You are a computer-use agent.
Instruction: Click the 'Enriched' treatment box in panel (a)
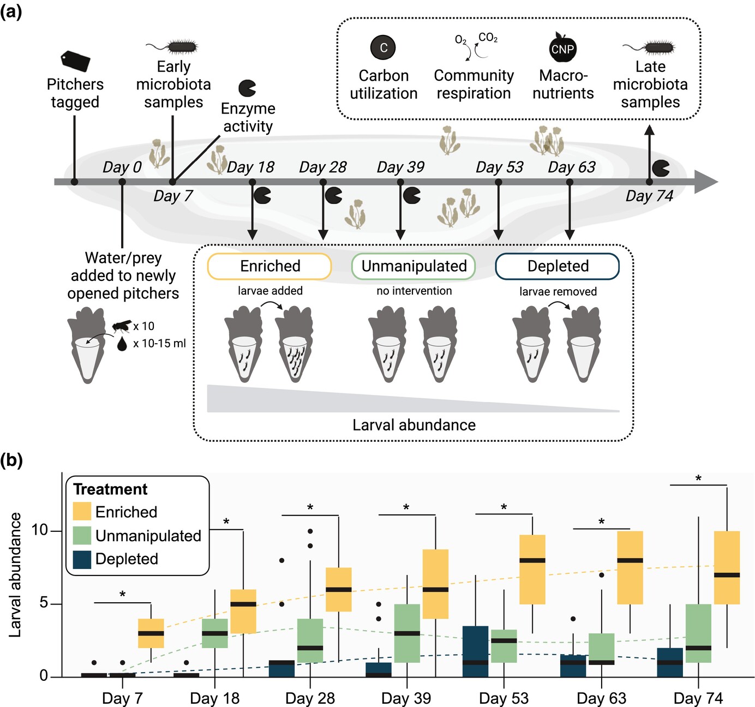[269, 266]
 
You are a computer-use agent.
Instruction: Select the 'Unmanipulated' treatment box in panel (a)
[414, 266]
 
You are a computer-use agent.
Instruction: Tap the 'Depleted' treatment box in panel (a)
[558, 266]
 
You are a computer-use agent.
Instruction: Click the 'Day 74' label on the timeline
[649, 196]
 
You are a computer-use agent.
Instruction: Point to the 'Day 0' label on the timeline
[122, 167]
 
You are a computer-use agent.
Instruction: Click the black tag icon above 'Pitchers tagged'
[75, 61]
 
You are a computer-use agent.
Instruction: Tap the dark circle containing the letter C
[383, 47]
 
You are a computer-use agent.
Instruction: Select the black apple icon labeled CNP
[562, 48]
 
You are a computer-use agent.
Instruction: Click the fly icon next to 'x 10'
[121, 326]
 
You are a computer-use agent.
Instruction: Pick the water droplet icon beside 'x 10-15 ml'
[122, 343]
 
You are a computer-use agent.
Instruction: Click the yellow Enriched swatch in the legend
[82, 512]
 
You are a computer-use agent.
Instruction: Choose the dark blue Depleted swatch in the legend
[82, 559]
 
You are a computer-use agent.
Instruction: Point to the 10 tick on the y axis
[39, 530]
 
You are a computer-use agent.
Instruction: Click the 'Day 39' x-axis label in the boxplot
[406, 698]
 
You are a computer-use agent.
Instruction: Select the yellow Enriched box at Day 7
[151, 633]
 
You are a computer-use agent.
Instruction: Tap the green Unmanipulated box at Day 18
[215, 633]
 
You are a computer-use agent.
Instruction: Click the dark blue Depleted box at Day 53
[475, 651]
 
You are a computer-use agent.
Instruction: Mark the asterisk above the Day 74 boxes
[698, 479]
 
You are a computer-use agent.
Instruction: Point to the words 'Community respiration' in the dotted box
[474, 84]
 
